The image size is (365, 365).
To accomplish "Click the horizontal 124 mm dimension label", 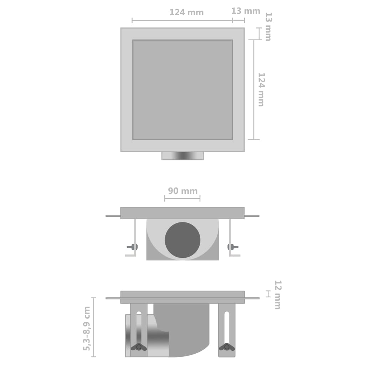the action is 186,12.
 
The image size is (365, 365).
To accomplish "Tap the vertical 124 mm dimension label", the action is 261,89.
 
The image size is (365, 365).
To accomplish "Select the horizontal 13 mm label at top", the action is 246,11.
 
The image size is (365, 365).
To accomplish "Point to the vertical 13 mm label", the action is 268,27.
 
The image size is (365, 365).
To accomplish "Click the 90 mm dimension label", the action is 183,191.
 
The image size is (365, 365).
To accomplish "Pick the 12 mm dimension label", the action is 277,295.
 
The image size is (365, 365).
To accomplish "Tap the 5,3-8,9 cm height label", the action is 87,328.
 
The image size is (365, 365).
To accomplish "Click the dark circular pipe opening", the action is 182,240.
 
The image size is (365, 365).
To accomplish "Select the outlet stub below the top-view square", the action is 182,156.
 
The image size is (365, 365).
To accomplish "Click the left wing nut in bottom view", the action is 139,347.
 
